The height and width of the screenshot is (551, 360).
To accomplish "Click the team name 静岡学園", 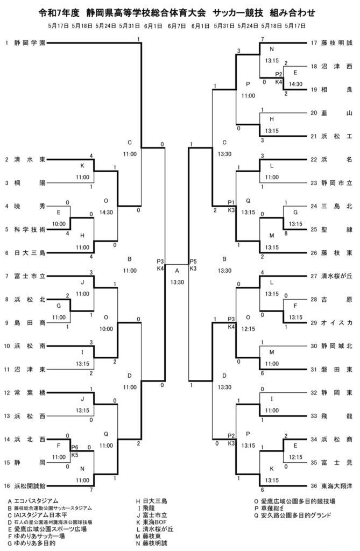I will pyautogui.click(x=30, y=43).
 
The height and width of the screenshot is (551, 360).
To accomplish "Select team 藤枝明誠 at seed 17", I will pyautogui.click(x=336, y=43).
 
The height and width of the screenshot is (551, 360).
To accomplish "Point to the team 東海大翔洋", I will pyautogui.click(x=336, y=485).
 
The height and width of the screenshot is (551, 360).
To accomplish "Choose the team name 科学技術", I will pyautogui.click(x=30, y=229).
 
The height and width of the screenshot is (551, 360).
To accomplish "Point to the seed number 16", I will pyautogui.click(x=6, y=485).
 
